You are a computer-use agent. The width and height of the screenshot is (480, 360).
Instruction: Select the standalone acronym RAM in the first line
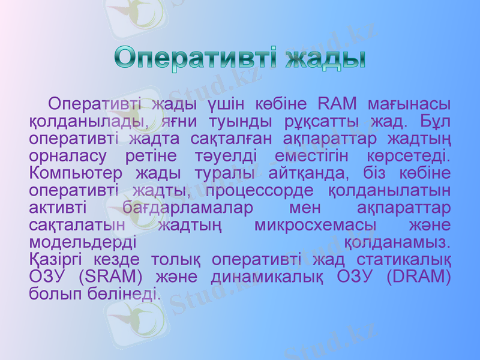coord(337,103)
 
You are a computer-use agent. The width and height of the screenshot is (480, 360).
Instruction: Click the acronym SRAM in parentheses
coord(110,278)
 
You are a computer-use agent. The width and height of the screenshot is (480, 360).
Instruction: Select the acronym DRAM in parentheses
coord(419,278)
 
